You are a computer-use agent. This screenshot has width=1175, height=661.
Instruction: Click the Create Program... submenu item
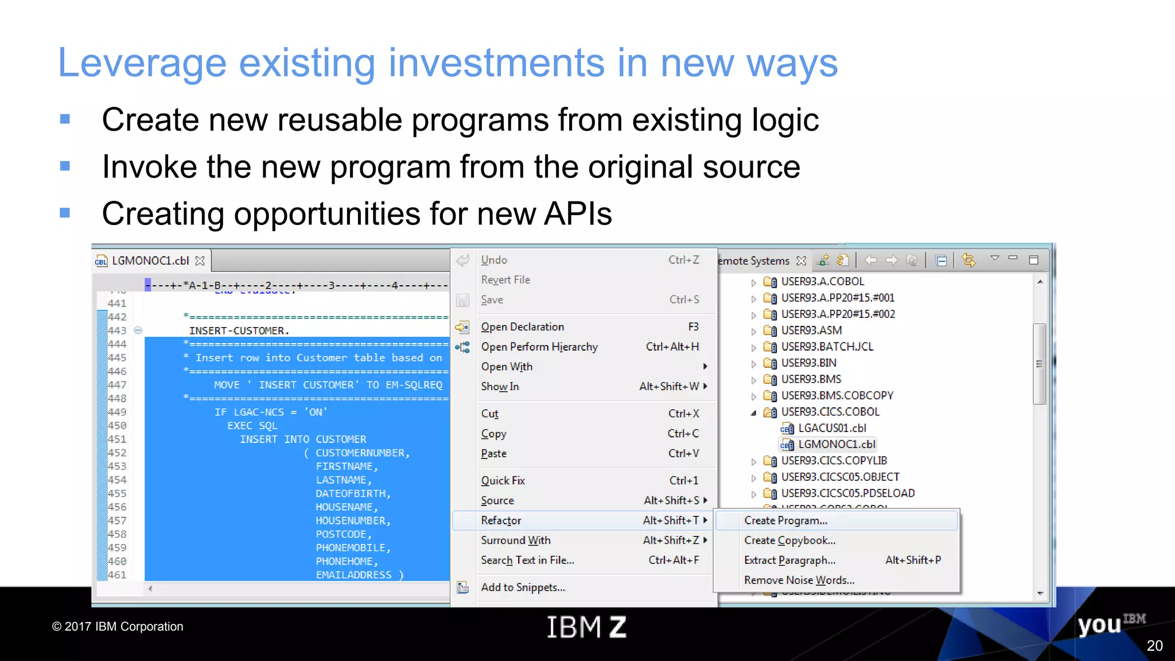[x=785, y=520]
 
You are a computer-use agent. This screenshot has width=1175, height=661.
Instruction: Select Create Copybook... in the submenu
[x=789, y=541]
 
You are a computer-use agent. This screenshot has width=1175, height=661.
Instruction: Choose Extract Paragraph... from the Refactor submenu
[x=789, y=560]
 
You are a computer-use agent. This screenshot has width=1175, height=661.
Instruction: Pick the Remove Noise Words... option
[x=799, y=580]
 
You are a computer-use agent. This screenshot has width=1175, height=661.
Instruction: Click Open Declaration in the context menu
[x=522, y=327]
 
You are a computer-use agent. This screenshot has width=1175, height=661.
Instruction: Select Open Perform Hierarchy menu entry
[x=539, y=347]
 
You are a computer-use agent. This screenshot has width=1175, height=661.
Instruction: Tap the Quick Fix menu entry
[x=503, y=481]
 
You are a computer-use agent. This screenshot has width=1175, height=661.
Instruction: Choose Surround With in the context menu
[x=515, y=541]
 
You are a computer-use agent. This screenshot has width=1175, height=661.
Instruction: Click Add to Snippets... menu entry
[x=523, y=588]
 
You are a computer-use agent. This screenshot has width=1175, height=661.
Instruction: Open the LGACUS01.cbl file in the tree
[x=831, y=428]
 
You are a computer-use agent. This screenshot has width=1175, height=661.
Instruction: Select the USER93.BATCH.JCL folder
[x=827, y=347]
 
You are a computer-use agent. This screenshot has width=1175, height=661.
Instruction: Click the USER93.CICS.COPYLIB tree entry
[x=834, y=461]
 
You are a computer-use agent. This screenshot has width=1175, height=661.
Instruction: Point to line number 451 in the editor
[x=117, y=439]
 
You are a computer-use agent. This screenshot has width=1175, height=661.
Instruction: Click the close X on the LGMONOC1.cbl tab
[x=200, y=261]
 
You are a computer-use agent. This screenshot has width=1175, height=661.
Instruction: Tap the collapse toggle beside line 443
[x=138, y=330]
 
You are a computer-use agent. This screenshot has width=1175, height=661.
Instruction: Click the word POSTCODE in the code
[x=341, y=534]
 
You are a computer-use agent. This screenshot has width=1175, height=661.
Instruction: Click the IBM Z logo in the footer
[x=586, y=627]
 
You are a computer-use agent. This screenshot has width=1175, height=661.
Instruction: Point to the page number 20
[x=1154, y=646]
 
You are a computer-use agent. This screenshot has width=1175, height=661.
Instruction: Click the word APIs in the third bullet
[x=578, y=214]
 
